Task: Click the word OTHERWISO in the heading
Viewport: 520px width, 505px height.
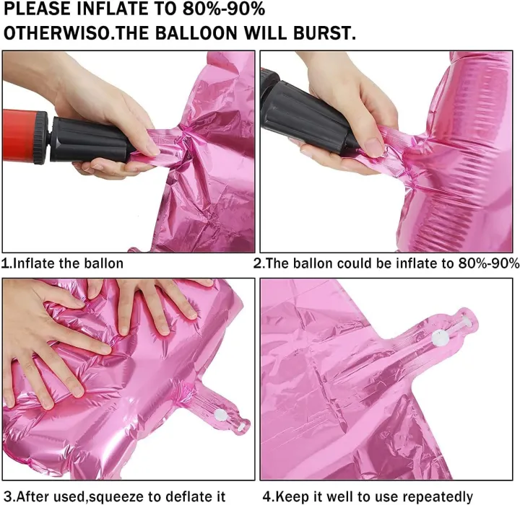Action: (56, 32)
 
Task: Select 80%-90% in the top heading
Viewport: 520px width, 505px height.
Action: (223, 9)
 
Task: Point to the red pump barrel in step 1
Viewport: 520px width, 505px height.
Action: (19, 136)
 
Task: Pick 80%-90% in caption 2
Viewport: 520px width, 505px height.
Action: (489, 263)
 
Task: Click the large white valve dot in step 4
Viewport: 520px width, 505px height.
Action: (440, 338)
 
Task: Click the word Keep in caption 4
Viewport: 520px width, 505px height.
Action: (292, 497)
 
